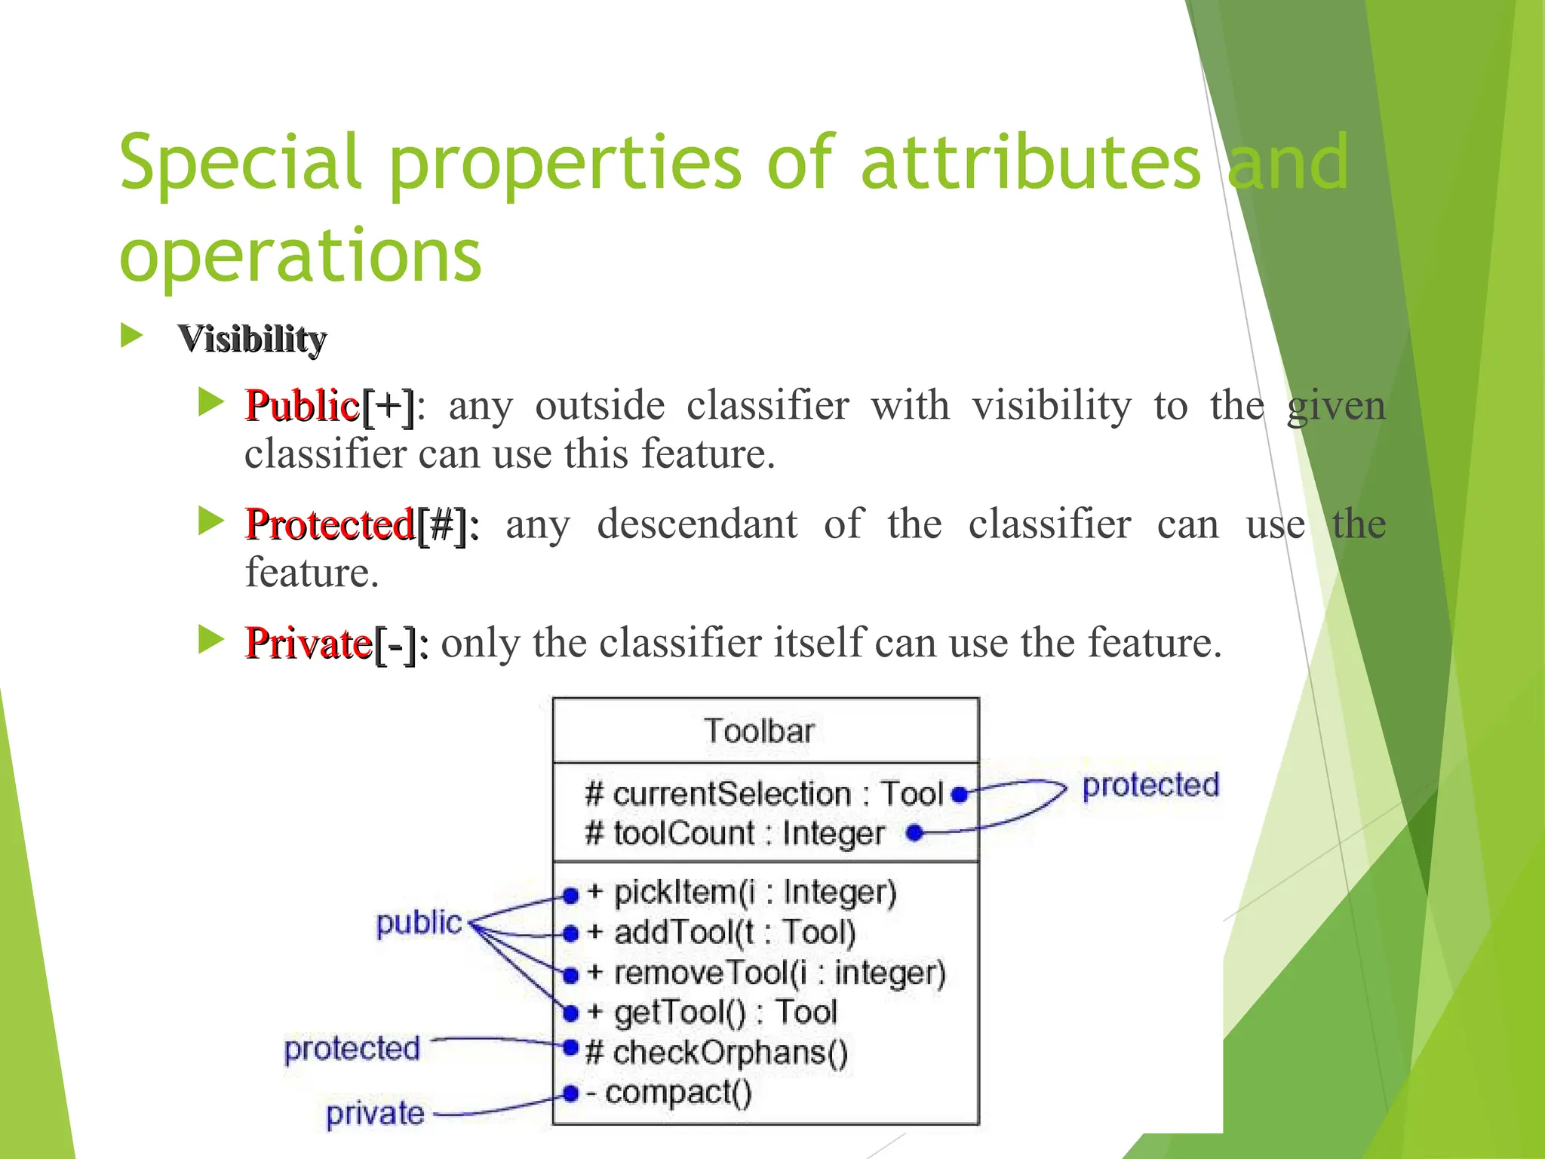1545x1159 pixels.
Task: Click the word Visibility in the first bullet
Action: pyautogui.click(x=252, y=339)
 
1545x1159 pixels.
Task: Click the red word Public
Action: pyautogui.click(x=302, y=406)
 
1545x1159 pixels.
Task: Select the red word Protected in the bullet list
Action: pyautogui.click(x=330, y=524)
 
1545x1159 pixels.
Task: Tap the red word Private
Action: pyautogui.click(x=308, y=644)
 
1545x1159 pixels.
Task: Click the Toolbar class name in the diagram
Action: pyautogui.click(x=760, y=731)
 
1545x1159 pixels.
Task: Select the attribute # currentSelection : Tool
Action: pyautogui.click(x=763, y=794)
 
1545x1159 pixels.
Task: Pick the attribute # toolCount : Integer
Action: pyautogui.click(x=734, y=834)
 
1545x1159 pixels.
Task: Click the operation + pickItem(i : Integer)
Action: pyautogui.click(x=754, y=893)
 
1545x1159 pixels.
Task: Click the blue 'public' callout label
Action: pyautogui.click(x=419, y=923)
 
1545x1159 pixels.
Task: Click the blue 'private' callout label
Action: pyautogui.click(x=375, y=1114)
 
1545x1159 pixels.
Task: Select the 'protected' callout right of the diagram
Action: pyautogui.click(x=1150, y=785)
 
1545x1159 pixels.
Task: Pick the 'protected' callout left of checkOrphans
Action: pyautogui.click(x=352, y=1049)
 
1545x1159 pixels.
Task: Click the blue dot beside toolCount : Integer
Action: pyautogui.click(x=914, y=833)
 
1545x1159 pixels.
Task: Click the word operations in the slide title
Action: pyautogui.click(x=300, y=254)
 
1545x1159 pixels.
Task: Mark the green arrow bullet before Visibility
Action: pyautogui.click(x=131, y=336)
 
